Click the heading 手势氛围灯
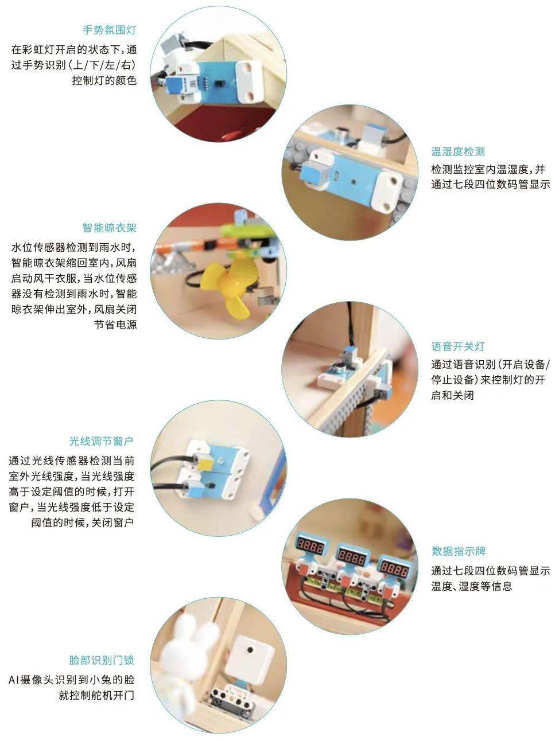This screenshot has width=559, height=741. click(x=109, y=30)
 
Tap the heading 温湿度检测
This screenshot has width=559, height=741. click(x=457, y=151)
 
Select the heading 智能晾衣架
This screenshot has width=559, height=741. click(x=109, y=228)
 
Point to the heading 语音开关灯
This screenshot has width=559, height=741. click(x=457, y=346)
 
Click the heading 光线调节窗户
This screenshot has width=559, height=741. click(x=102, y=441)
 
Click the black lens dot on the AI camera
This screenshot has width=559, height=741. click(x=250, y=649)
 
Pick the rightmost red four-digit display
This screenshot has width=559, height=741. click(x=393, y=567)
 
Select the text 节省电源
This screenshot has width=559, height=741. click(x=115, y=325)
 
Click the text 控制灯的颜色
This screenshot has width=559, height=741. click(x=104, y=80)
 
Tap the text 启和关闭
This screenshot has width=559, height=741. click(x=452, y=395)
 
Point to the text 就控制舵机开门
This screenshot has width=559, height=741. click(x=96, y=695)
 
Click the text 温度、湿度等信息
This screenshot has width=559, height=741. click(x=472, y=586)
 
